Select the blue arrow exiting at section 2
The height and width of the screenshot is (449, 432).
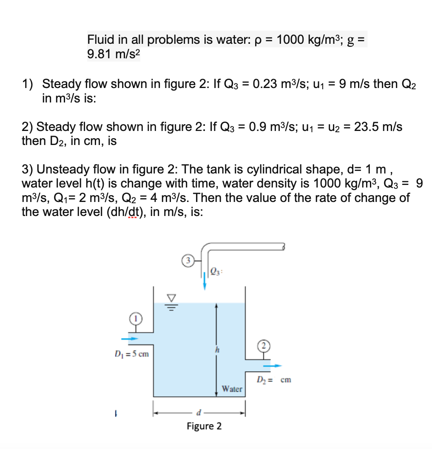272,365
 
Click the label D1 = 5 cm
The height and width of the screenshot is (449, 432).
131,353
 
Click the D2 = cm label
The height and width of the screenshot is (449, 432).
274,380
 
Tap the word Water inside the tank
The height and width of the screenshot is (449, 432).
232,389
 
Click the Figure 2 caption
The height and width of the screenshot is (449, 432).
204,426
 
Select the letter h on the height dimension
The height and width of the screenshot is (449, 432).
216,350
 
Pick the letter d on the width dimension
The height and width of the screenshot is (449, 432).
198,412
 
